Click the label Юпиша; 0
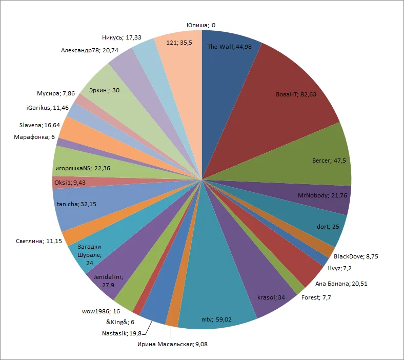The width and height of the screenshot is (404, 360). click(200, 25)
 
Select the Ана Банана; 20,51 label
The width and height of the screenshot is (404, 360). click(348, 284)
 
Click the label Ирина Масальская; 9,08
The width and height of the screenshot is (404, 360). click(172, 344)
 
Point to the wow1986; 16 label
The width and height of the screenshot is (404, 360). click(100, 311)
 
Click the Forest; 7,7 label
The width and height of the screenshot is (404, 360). click(318, 297)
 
